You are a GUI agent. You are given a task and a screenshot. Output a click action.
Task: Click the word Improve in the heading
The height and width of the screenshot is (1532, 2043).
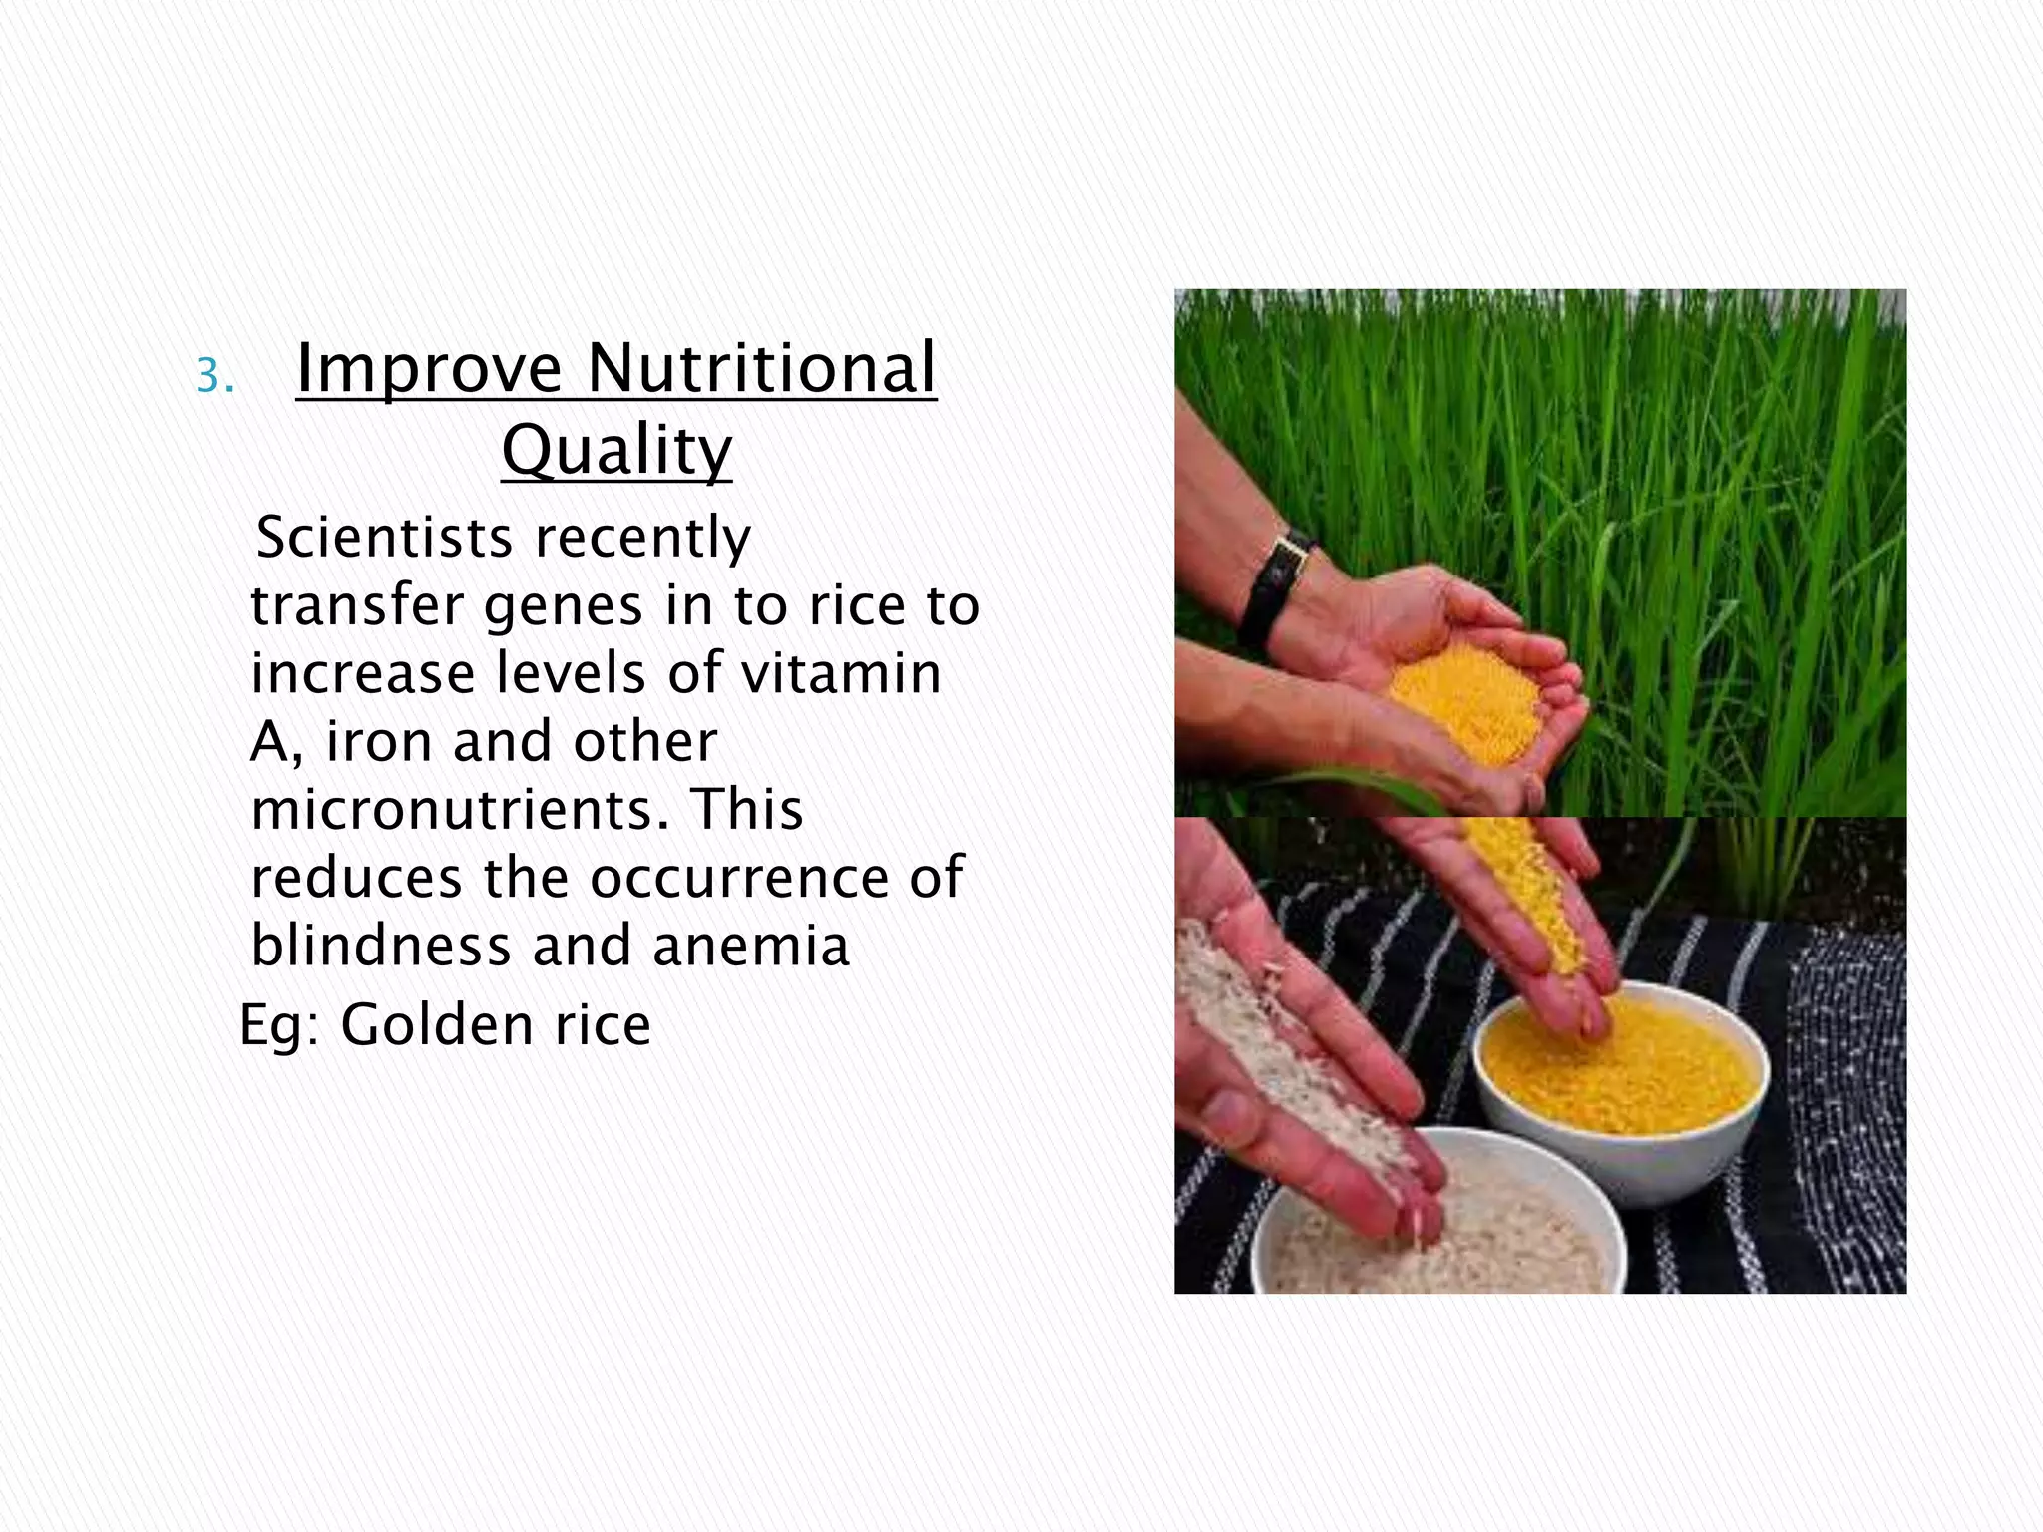pyautogui.click(x=429, y=369)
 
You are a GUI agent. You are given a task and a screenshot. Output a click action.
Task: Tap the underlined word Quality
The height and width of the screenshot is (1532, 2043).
pyautogui.click(x=615, y=450)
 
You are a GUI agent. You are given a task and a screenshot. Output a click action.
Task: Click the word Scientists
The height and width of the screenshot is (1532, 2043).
pyautogui.click(x=384, y=538)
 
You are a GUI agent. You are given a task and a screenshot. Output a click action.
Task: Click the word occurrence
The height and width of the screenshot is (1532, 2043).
pyautogui.click(x=738, y=878)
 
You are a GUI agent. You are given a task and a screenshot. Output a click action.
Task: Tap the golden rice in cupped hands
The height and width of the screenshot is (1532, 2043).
pyautogui.click(x=1466, y=698)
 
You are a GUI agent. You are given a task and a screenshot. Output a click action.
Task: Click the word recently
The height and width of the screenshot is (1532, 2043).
pyautogui.click(x=642, y=538)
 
